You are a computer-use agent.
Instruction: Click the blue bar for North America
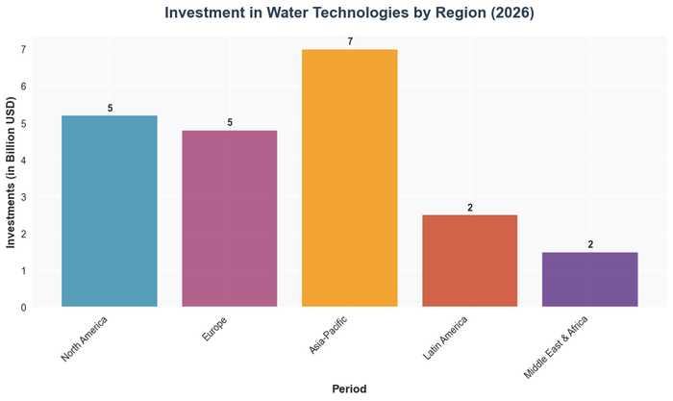point(109,212)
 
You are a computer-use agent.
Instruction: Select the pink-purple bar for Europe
point(229,218)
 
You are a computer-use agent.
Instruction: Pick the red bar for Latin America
point(469,261)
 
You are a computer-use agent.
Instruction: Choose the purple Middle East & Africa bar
point(589,279)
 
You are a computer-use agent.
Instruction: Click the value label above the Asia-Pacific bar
point(350,41)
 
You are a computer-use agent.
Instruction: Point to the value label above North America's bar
point(110,108)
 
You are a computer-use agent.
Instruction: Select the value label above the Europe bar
point(230,122)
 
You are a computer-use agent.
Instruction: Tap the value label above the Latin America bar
point(470,208)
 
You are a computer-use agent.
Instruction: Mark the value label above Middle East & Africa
point(590,244)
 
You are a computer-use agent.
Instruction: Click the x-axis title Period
point(349,388)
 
